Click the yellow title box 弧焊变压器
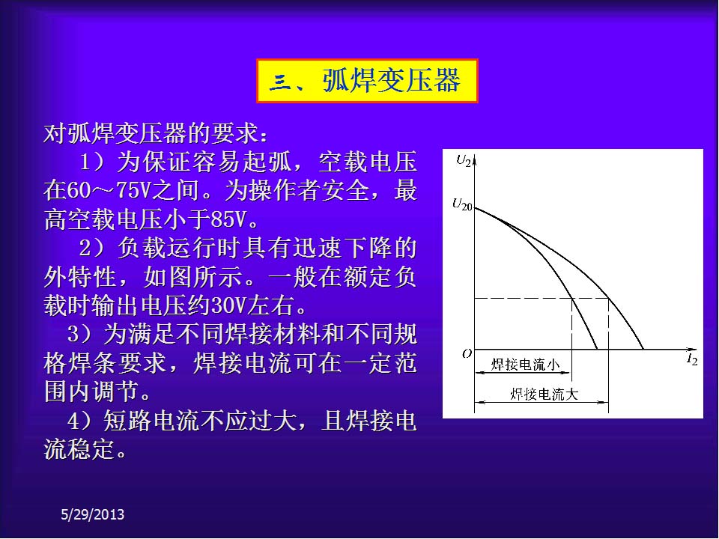pos(367,81)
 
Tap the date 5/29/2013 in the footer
pos(93,514)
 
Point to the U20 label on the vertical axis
pos(462,204)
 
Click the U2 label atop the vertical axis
pos(464,160)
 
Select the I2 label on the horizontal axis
pos(692,359)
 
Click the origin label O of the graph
pos(467,353)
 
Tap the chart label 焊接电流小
pos(526,365)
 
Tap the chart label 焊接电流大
pos(544,395)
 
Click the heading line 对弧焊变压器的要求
pos(154,133)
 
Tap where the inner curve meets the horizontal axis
pos(597,350)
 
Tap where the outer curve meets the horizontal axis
pos(643,350)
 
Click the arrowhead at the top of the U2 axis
pos(475,158)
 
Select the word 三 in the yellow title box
pos(279,82)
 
